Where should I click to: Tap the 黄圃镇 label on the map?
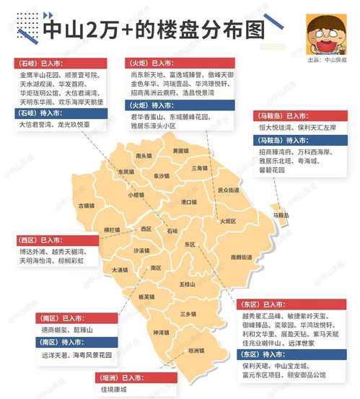coord(181,150)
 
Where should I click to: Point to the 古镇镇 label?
coord(87,206)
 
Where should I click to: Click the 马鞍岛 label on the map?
coord(281,215)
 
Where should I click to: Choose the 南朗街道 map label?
coord(242,257)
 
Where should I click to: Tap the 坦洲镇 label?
coord(196,350)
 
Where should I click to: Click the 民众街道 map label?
coord(228,190)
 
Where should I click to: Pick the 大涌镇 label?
coord(120,270)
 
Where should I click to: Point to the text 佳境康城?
coord(117,390)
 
